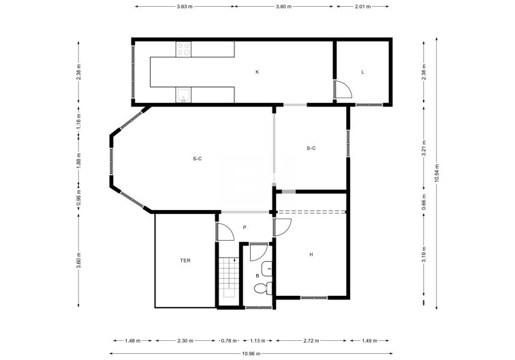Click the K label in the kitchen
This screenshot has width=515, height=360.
click(x=257, y=72)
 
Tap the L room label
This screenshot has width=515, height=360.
click(x=362, y=72)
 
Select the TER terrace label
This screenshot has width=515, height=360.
click(x=185, y=260)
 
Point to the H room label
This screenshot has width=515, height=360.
click(x=311, y=254)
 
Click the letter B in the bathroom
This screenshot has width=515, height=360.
click(x=257, y=275)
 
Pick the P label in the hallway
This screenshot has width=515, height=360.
click(x=243, y=228)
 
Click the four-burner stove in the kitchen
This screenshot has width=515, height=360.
click(x=183, y=48)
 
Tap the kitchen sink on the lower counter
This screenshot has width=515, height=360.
click(x=183, y=95)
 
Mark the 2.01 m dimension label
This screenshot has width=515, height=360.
click(x=363, y=6)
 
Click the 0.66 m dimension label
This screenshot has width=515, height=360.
click(x=424, y=202)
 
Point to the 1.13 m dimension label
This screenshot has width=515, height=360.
click(x=257, y=340)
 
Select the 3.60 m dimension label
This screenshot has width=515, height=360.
click(x=79, y=260)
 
